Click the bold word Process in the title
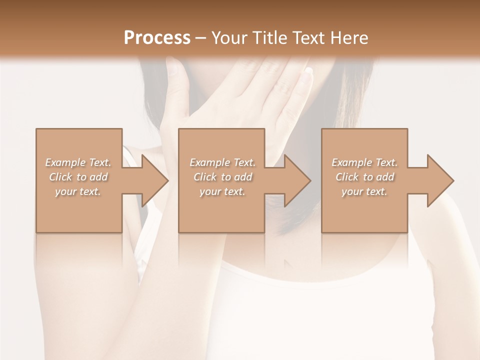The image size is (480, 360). point(157,38)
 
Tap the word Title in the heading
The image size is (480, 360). point(268,38)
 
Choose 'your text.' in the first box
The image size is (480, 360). point(78,191)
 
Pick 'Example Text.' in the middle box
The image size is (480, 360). point(222,162)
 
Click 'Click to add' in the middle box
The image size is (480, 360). point(222,177)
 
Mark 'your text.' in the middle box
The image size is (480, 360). point(222,191)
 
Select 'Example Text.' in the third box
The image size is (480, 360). point(364,162)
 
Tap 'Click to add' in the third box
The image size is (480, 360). point(364,177)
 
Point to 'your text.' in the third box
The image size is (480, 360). point(364,191)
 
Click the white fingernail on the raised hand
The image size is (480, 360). point(308,70)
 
